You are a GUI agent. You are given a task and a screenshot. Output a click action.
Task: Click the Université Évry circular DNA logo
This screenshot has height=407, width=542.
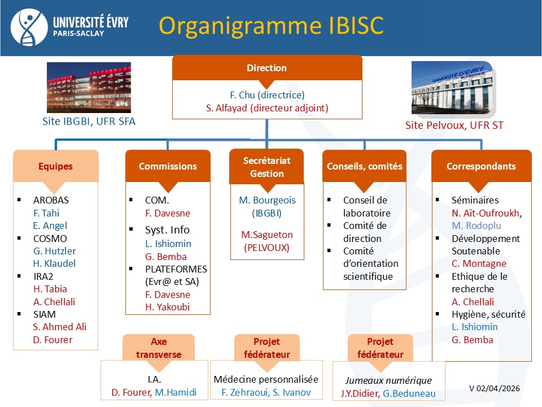(29, 27)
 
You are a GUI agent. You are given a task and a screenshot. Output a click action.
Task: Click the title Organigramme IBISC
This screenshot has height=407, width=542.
(272, 25)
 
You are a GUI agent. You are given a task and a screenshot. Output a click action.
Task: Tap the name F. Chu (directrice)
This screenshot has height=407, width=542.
(267, 95)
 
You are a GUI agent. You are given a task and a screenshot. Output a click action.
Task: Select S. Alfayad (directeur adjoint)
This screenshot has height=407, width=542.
(267, 108)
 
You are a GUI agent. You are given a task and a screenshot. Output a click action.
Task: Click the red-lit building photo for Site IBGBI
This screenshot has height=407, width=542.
(89, 88)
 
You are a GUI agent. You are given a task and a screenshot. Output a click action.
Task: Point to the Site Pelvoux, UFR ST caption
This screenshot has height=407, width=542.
(454, 125)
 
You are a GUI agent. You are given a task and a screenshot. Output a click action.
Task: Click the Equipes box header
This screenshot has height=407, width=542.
(56, 166)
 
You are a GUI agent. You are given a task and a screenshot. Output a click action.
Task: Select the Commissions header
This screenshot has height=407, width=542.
(168, 166)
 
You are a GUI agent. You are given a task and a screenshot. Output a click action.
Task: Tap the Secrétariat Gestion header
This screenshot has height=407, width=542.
(267, 167)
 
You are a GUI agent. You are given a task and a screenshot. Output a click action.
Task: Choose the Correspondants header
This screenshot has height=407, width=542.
(481, 166)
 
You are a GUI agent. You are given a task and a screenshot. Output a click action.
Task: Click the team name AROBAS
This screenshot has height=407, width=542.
(51, 200)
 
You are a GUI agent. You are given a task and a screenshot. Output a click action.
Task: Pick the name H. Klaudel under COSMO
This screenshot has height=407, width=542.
(54, 263)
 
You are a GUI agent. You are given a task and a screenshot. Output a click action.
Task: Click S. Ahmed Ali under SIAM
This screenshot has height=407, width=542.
(59, 327)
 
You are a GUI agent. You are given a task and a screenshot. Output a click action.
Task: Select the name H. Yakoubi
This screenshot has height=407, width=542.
(167, 307)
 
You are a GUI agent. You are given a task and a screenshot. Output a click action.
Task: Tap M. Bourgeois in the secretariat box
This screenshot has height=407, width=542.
(267, 200)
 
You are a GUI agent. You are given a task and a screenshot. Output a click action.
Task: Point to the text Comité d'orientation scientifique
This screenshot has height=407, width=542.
(370, 263)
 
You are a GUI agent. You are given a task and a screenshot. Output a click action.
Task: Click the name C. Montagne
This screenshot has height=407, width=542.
(479, 263)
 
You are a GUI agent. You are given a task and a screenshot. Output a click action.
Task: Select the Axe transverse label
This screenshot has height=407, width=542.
(159, 348)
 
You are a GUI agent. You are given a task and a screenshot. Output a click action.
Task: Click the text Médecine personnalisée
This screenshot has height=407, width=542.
(266, 379)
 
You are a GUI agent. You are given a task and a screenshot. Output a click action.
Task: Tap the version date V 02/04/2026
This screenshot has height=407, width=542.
(495, 388)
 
